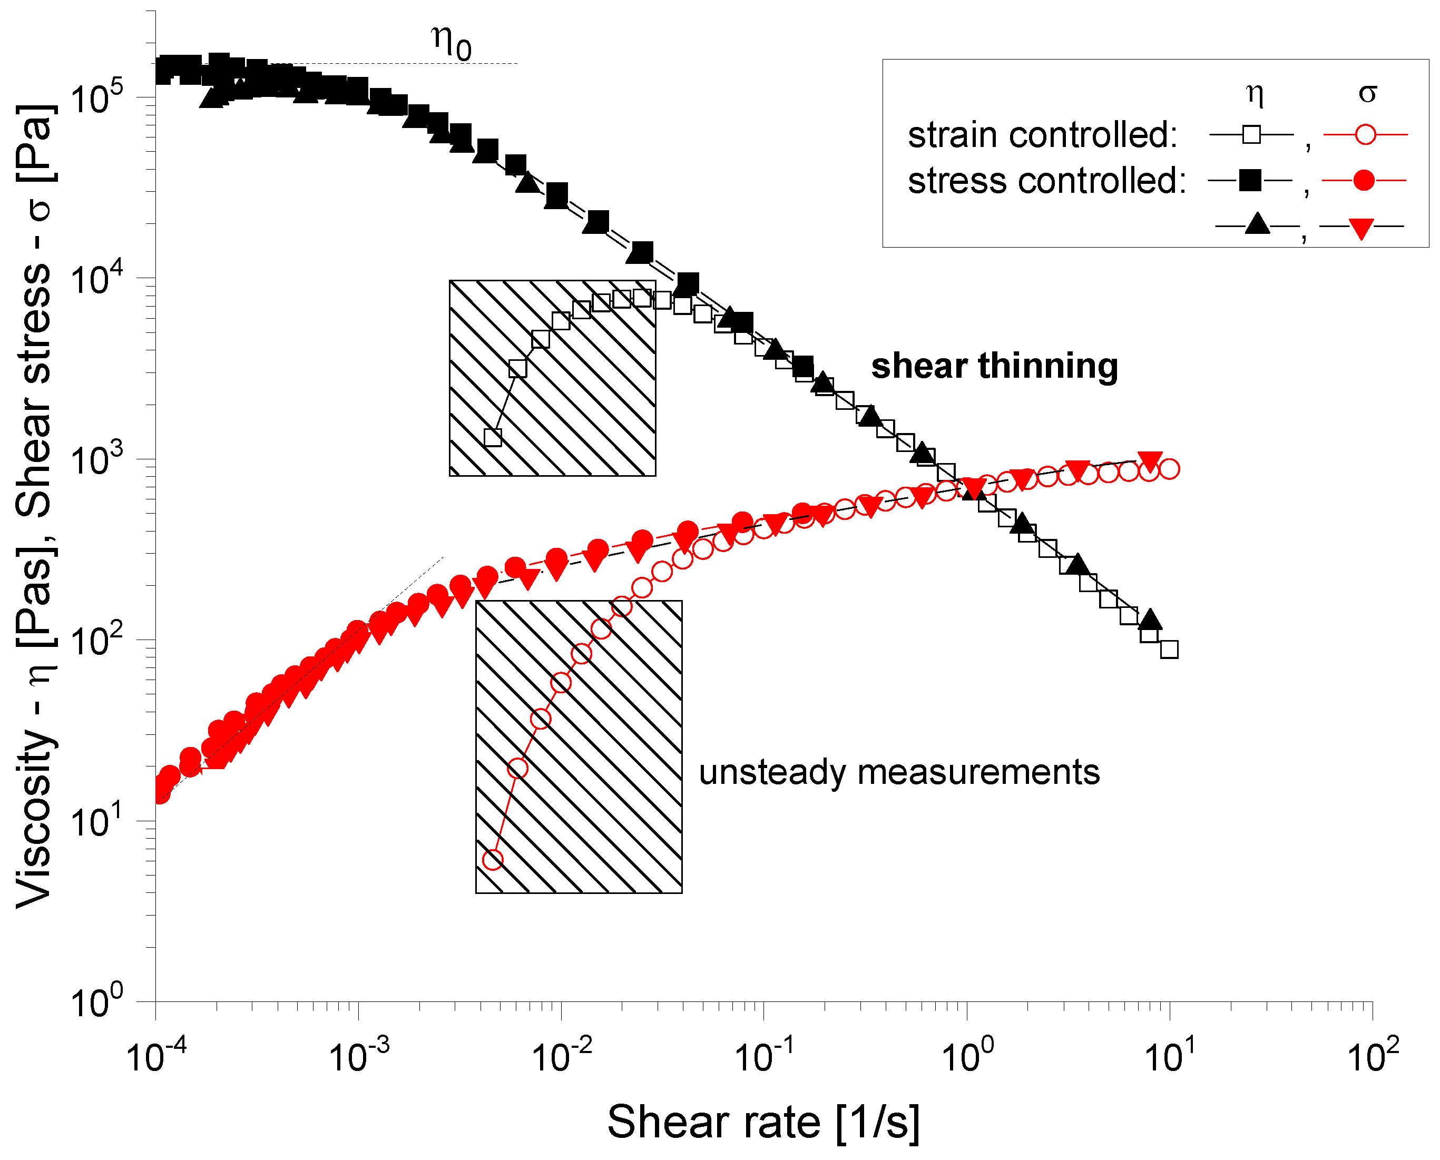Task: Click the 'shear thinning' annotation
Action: click(994, 366)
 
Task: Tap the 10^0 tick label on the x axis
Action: click(967, 1056)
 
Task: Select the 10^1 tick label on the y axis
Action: click(97, 821)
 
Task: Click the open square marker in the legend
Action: click(1251, 135)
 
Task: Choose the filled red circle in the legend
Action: click(1364, 180)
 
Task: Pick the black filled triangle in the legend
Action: click(1257, 224)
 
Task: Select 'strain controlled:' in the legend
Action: click(1042, 135)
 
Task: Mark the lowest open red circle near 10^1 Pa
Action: click(493, 859)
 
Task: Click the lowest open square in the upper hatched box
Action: click(493, 437)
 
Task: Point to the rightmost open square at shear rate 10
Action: click(1169, 649)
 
